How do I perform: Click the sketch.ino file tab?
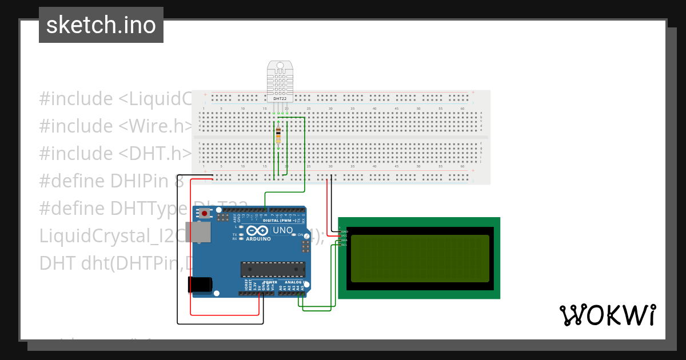(x=101, y=25)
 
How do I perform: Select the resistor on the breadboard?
(x=278, y=135)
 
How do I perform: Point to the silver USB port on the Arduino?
(x=200, y=231)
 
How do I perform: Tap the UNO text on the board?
(x=282, y=230)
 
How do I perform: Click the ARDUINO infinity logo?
(x=258, y=232)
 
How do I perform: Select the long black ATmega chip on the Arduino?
(x=273, y=269)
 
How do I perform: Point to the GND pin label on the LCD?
(x=345, y=231)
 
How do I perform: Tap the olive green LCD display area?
(x=420, y=258)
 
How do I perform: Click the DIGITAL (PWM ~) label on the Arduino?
(x=280, y=221)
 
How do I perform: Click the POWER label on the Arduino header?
(x=270, y=282)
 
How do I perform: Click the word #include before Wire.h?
(x=76, y=126)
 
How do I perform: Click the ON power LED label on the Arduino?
(x=300, y=235)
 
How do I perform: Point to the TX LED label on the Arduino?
(x=235, y=235)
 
